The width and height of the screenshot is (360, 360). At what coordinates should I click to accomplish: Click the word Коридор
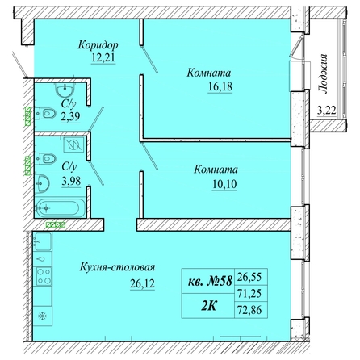click(98, 45)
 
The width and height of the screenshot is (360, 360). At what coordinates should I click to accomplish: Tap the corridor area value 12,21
click(103, 58)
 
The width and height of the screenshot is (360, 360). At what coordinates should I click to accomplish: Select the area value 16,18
click(220, 87)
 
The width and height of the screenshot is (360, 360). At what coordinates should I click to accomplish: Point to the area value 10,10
click(224, 184)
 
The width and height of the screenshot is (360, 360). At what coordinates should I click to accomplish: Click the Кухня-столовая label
click(117, 267)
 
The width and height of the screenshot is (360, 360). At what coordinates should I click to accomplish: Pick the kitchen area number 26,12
click(142, 283)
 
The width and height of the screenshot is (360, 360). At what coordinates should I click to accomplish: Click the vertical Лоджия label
click(323, 73)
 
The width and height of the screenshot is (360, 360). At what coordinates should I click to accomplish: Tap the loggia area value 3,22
click(327, 111)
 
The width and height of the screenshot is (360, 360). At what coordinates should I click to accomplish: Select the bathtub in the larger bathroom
click(61, 208)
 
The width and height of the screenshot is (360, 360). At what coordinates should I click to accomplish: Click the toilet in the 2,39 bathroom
click(45, 114)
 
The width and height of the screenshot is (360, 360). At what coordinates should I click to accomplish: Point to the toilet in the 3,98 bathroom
click(45, 158)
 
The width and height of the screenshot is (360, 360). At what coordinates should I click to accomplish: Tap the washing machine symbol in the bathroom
click(73, 145)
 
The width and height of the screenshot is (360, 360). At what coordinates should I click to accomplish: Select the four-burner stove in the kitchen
click(44, 276)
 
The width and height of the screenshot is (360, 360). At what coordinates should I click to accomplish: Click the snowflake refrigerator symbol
click(42, 316)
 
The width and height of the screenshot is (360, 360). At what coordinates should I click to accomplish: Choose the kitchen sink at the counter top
click(42, 241)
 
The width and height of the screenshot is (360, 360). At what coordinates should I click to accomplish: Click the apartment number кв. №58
click(210, 282)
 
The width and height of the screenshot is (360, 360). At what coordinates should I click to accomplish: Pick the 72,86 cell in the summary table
click(249, 310)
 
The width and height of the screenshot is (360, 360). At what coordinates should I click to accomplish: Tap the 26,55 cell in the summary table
click(249, 277)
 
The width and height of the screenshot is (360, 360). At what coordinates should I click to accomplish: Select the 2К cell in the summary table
click(208, 306)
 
